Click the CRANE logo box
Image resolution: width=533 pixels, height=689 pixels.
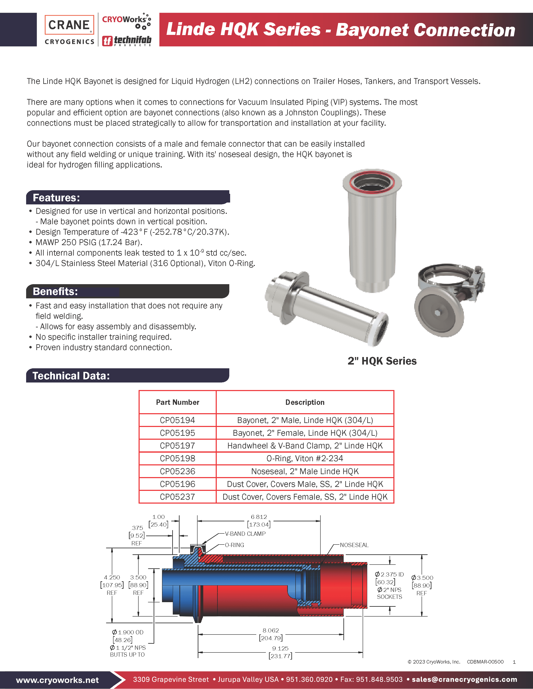click(x=69, y=25)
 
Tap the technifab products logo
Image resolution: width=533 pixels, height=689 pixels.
click(x=127, y=40)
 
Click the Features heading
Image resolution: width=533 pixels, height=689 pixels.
click(x=56, y=198)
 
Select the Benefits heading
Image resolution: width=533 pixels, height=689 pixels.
click(x=55, y=291)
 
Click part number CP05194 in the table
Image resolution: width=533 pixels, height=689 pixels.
click(x=177, y=420)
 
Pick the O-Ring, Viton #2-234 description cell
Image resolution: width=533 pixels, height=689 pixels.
click(x=305, y=458)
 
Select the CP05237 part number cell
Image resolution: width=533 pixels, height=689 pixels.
click(x=177, y=497)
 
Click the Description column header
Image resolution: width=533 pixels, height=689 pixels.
click(x=305, y=402)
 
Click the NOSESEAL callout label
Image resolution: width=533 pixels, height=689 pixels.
click(x=354, y=545)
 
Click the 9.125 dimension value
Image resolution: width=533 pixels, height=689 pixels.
click(x=280, y=648)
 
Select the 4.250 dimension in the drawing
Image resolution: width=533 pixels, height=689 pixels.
click(x=112, y=578)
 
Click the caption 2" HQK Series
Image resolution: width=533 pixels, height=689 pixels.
click(x=382, y=361)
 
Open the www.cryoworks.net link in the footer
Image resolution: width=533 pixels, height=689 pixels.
click(x=57, y=680)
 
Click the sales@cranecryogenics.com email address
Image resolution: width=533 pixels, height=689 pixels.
click(x=464, y=680)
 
